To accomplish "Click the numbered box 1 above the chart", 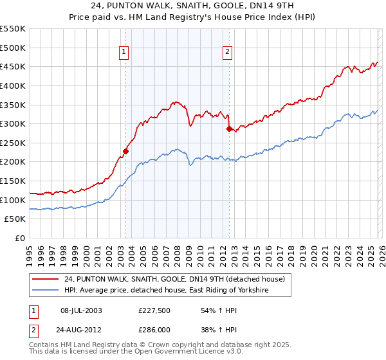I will (123, 53).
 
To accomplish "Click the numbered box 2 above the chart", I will (227, 53).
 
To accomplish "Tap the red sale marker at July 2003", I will (126, 152).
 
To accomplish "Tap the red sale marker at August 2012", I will (229, 129).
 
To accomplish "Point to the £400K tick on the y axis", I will (14, 85).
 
